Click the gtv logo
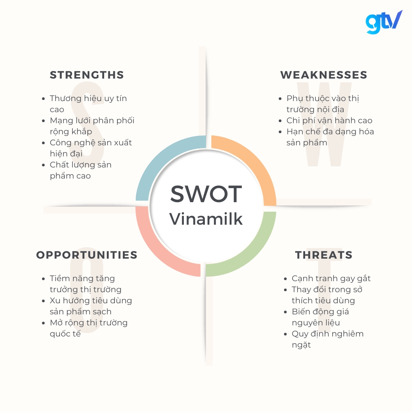click(x=383, y=22)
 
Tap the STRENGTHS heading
click(x=87, y=75)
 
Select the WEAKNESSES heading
click(x=323, y=75)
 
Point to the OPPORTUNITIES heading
click(x=87, y=255)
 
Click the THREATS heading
click(x=323, y=255)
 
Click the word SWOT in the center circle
click(x=206, y=194)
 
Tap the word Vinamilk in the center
click(x=206, y=219)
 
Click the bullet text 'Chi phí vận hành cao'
click(x=329, y=121)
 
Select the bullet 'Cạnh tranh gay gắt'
click(x=331, y=278)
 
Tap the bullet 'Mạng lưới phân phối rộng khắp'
click(x=92, y=126)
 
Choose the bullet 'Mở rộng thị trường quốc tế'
click(x=89, y=328)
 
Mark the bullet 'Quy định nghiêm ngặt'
click(x=327, y=339)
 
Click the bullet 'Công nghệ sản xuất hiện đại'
click(x=91, y=148)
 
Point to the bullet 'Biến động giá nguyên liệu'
click(x=320, y=317)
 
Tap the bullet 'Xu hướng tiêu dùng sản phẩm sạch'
click(x=91, y=306)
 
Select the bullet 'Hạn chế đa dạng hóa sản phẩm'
click(x=330, y=137)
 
